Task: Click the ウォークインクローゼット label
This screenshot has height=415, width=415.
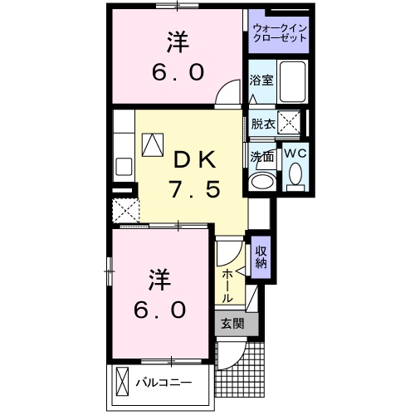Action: click(279, 34)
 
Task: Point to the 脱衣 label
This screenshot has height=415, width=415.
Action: click(261, 124)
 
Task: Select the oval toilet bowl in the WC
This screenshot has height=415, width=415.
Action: click(295, 175)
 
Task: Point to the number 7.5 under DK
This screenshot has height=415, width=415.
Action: click(195, 190)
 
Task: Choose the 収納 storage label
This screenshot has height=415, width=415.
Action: click(261, 258)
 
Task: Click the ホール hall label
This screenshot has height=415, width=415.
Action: click(227, 285)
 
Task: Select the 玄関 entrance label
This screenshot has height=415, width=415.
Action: click(232, 325)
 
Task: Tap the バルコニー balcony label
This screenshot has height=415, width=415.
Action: click(164, 383)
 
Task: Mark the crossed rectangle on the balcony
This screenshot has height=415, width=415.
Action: click(123, 383)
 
